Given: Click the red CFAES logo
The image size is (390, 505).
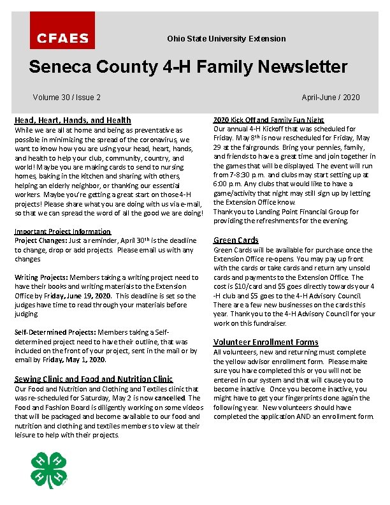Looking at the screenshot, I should coord(62,31).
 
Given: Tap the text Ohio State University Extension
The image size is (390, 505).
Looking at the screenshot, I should coord(226,39).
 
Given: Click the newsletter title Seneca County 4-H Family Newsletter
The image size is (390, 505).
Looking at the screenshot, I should coord(188,67).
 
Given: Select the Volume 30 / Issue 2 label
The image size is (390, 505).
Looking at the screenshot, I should coord(66,98).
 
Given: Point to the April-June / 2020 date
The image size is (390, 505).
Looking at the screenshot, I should coord(330,98).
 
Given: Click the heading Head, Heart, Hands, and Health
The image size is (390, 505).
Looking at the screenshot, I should coord(73,120).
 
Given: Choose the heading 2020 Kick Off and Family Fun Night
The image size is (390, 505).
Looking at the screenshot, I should coord(268,120).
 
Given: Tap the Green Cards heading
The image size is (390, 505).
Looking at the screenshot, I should coord(236,240).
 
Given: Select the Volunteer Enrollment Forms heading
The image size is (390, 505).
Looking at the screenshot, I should coord(266,342).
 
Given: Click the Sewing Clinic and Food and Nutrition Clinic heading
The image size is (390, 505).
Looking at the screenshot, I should coord(94,379).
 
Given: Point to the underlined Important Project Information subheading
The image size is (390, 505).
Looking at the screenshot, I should coord(62,231).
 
